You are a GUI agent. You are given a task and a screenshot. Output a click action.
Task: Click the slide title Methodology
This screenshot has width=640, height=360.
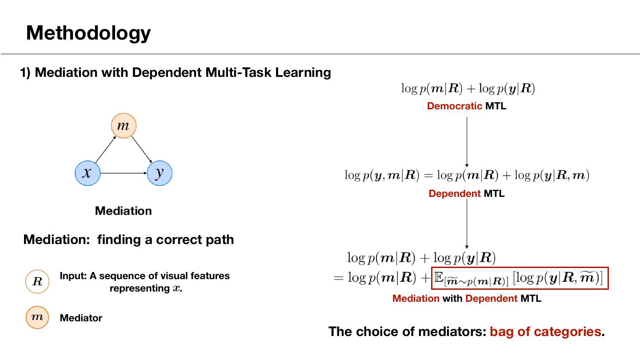point(88,33)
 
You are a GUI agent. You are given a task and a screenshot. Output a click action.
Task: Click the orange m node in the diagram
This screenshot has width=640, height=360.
point(123,126)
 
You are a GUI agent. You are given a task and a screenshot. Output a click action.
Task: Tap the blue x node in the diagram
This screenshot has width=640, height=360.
point(88,173)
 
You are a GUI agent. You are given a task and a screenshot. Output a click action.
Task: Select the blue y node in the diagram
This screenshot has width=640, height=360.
point(159,173)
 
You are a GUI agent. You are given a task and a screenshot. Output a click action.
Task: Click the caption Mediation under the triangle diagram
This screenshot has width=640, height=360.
point(123,211)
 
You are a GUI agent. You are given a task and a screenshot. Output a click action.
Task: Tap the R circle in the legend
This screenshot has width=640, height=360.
point(37,281)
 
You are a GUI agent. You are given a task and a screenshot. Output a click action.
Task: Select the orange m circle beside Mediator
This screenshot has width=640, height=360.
point(37,317)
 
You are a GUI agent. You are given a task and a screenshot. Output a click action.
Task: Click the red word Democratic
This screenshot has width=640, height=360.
point(454,106)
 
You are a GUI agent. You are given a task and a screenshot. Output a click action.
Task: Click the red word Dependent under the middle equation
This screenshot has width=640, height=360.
point(454,194)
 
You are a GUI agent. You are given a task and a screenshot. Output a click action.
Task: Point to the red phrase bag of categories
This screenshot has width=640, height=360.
point(545,332)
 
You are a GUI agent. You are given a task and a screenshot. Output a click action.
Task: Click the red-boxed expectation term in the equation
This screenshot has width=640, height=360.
point(519,278)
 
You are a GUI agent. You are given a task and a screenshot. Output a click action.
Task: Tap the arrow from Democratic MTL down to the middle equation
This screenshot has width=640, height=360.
point(467,142)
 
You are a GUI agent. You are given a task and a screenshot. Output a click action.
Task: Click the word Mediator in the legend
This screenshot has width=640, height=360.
point(81,318)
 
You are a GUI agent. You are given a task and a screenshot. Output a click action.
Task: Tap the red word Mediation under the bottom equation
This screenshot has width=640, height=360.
point(416,299)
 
